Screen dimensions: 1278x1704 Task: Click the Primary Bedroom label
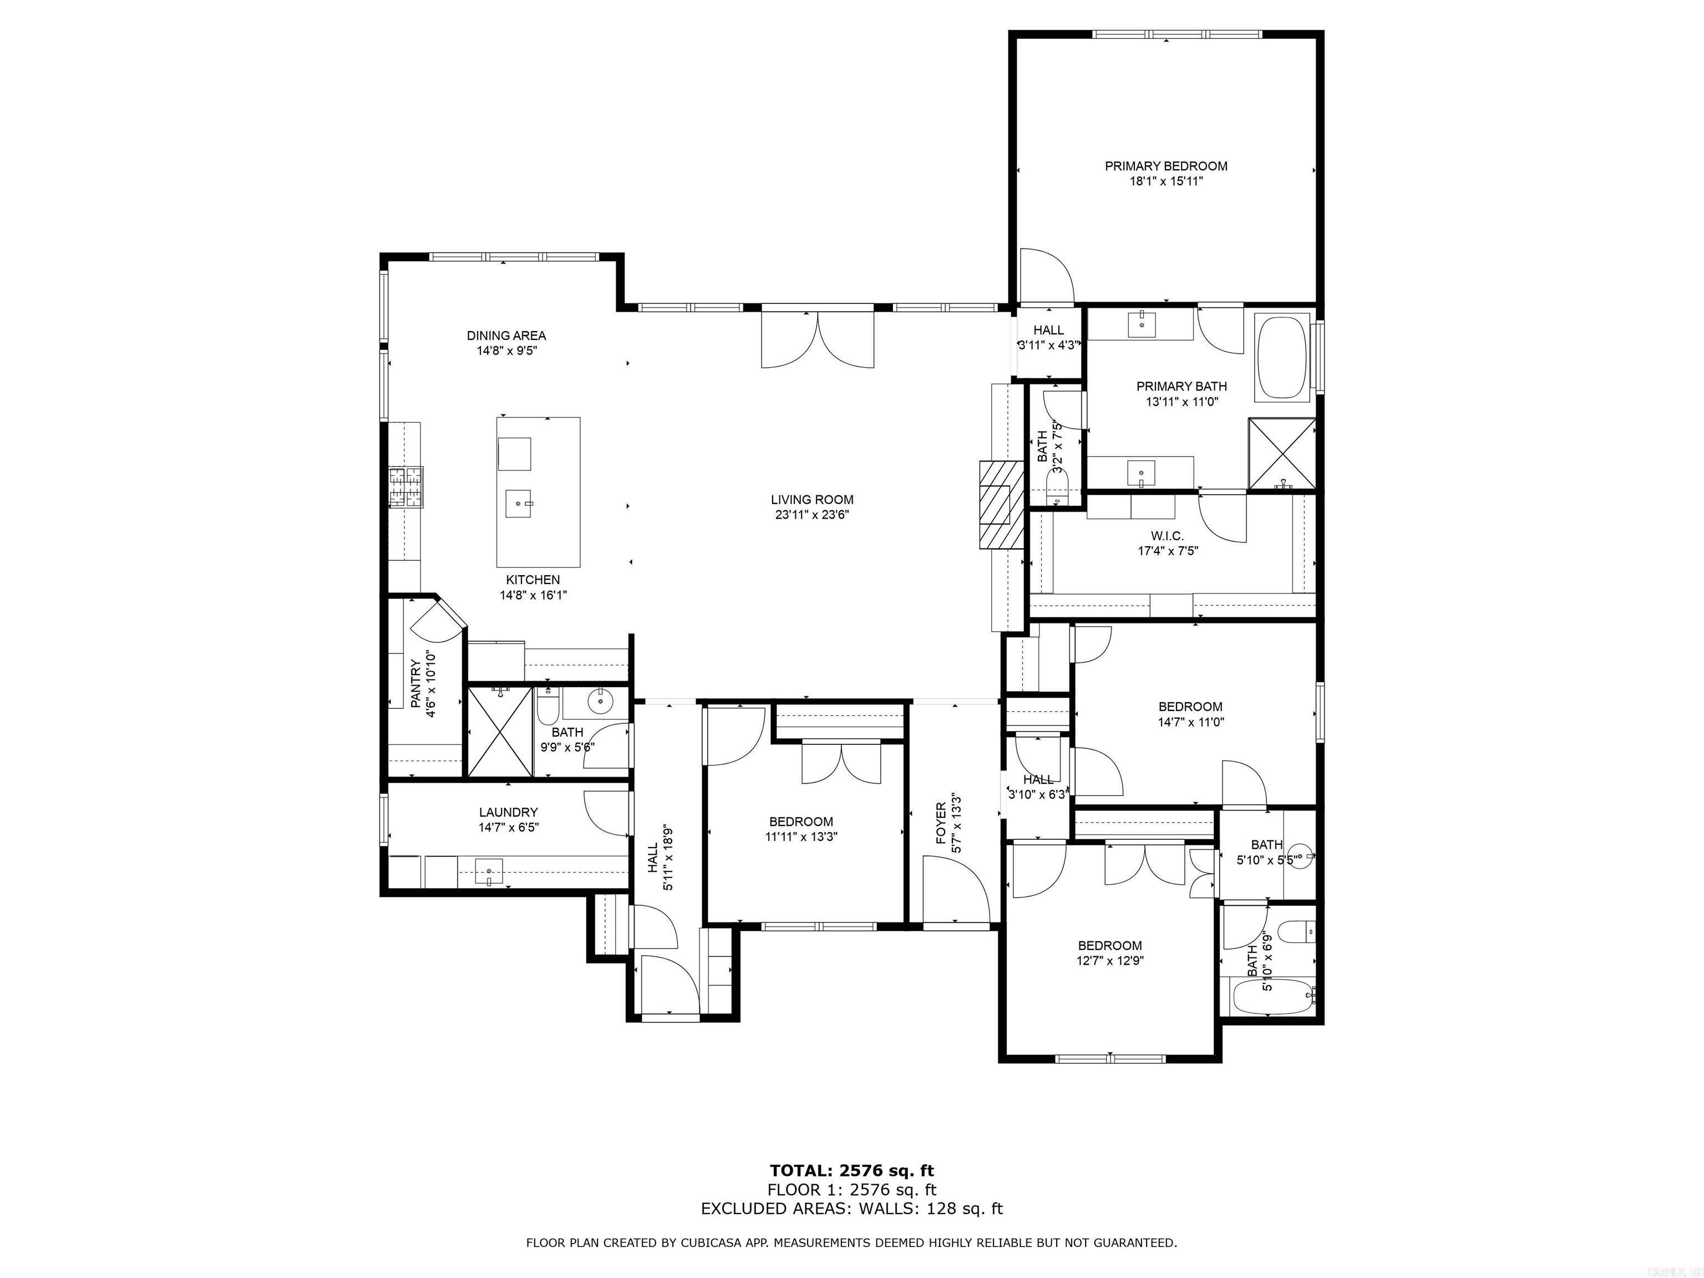(x=1165, y=166)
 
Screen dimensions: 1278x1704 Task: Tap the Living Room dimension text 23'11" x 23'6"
(x=812, y=515)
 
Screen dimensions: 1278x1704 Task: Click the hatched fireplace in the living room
(x=1000, y=505)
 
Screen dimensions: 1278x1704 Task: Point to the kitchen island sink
(x=519, y=504)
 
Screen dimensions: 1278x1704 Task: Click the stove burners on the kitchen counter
(x=405, y=488)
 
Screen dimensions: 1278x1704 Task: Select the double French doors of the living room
(x=818, y=339)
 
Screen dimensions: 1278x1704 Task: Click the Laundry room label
(x=508, y=812)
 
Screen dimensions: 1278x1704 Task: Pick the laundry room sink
(x=488, y=871)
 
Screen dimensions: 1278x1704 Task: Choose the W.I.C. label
(x=1167, y=535)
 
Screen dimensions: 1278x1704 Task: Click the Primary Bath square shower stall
(x=1282, y=454)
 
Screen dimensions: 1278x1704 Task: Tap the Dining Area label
(x=506, y=335)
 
